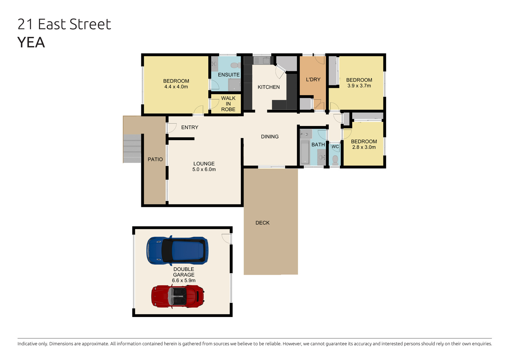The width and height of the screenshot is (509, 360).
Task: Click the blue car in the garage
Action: click(177, 251)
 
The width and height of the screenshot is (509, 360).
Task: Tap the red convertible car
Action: click(178, 297)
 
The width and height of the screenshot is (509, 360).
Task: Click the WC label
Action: click(335, 147)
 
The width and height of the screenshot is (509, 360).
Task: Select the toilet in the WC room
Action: click(335, 160)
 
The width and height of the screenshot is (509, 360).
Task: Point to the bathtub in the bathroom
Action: click(305, 152)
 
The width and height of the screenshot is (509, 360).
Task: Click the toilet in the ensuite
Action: click(236, 65)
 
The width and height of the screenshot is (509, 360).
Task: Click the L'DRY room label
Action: click(313, 80)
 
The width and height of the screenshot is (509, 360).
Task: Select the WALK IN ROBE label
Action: click(228, 104)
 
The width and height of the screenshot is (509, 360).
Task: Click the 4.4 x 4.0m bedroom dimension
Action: click(176, 87)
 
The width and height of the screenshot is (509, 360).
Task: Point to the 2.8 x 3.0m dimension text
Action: click(364, 147)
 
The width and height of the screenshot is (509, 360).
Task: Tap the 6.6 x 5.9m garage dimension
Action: click(184, 280)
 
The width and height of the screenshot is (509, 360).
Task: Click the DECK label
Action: click(262, 223)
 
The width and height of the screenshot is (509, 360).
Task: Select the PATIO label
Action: click(155, 159)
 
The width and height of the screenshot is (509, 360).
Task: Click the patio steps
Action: click(132, 149)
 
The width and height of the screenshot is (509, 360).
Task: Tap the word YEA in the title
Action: click(31, 42)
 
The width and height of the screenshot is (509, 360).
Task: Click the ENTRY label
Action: click(190, 127)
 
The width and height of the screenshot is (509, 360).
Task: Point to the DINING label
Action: click(270, 137)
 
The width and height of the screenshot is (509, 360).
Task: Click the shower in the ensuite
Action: click(234, 85)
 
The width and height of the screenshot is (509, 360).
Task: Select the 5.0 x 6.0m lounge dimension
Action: click(204, 169)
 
